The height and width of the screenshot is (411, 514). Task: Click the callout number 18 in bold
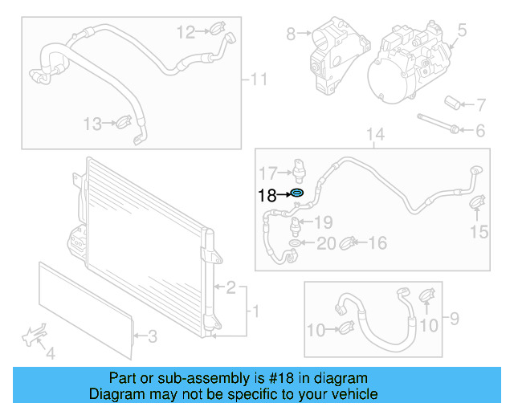pos(267,194)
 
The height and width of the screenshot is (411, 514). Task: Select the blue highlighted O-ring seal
pos(297,193)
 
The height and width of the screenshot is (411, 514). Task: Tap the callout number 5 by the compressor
pos(462,31)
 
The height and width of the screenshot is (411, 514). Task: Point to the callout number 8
pos(291,34)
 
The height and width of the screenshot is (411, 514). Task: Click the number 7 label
pos(480,105)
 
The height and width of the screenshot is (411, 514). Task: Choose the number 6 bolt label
pos(480,130)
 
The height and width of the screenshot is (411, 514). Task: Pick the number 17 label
pos(267,172)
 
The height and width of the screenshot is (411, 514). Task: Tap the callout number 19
pos(323,222)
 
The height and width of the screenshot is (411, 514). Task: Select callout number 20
pos(325,243)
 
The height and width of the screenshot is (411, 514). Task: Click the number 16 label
pos(377,243)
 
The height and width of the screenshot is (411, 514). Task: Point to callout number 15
pos(479,233)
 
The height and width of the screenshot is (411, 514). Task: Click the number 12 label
pos(186,32)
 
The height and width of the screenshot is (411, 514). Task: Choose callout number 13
pos(93,124)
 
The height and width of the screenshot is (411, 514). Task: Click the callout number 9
pos(454,320)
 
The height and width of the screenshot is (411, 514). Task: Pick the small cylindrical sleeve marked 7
pos(455,104)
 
